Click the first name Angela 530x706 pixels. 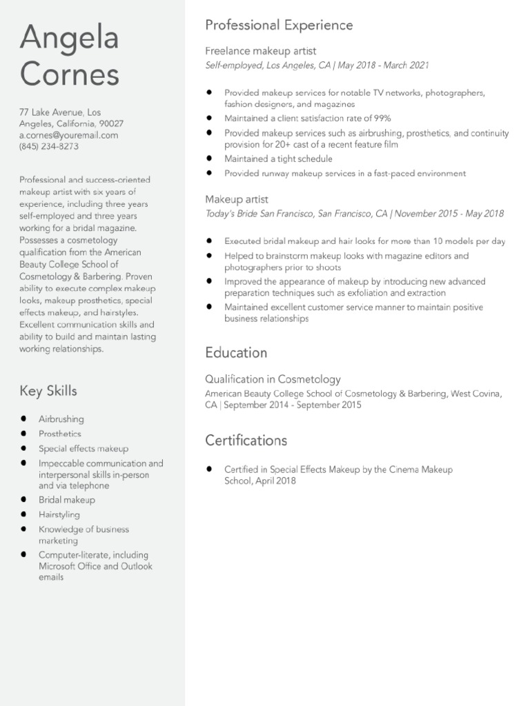[69, 39]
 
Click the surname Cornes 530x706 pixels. [69, 74]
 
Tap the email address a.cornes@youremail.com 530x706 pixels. [68, 136]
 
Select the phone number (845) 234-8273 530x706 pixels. [48, 147]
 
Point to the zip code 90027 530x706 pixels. [111, 124]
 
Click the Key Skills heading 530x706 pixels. [48, 392]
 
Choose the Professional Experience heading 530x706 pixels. [279, 26]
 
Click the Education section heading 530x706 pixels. [236, 353]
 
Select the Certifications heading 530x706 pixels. [246, 441]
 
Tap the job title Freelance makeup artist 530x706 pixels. [260, 51]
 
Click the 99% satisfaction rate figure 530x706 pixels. [382, 119]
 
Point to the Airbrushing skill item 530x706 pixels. [61, 419]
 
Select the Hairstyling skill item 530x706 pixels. [59, 515]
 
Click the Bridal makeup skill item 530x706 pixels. [67, 500]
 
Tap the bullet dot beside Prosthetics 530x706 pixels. [23, 434]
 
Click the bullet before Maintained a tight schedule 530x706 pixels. [209, 159]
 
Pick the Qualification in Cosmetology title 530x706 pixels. [273, 379]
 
